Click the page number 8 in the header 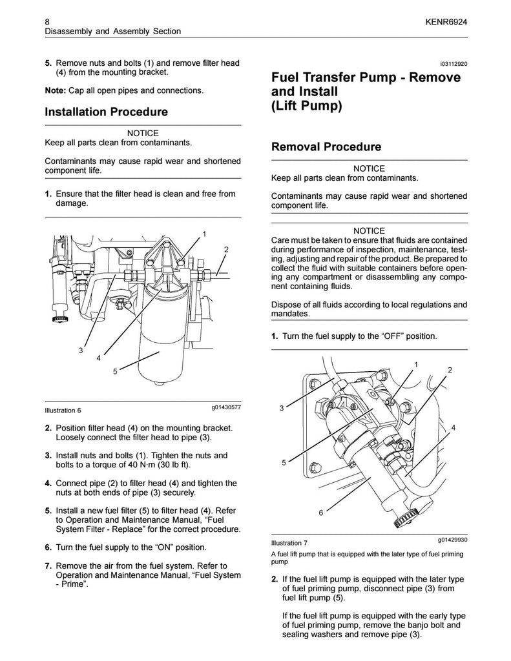coord(47,20)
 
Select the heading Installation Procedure coord(106,112)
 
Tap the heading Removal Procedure coord(326,147)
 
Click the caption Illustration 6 coord(63,411)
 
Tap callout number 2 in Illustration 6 coord(226,249)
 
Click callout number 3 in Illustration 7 coord(282,408)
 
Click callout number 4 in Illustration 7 coord(454,428)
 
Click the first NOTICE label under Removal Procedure coord(369,168)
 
